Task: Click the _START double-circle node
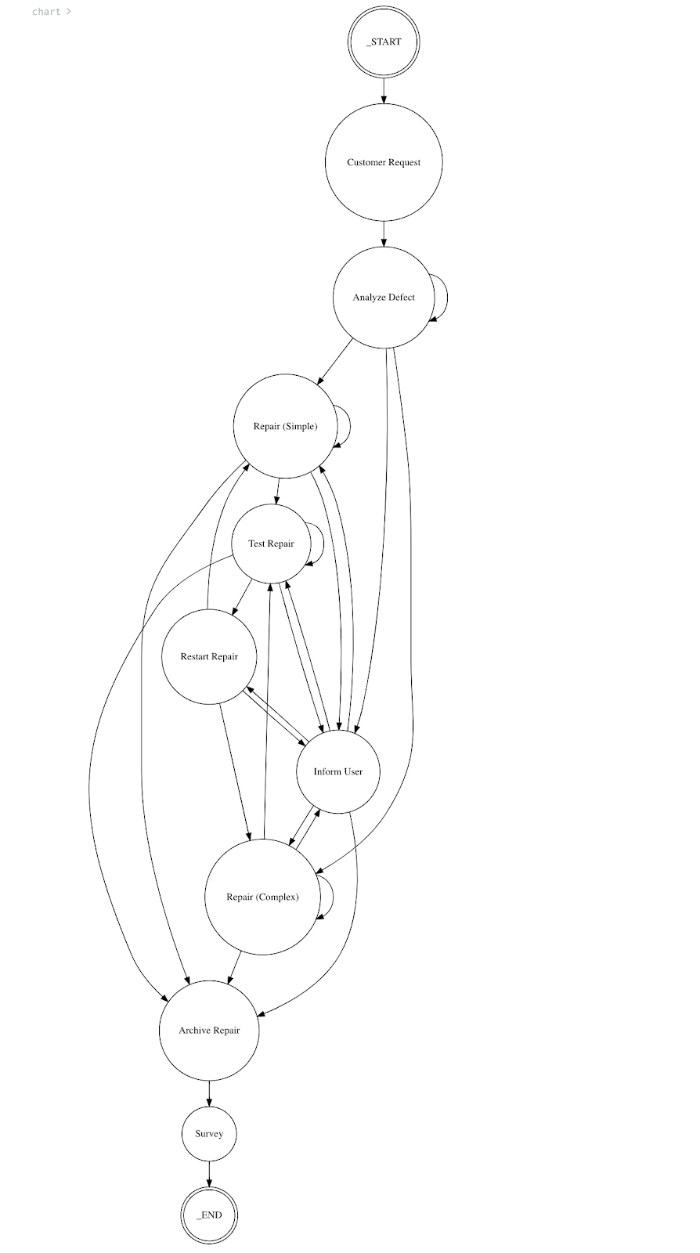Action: tap(384, 42)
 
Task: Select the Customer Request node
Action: tap(384, 162)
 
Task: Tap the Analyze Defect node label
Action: tap(384, 298)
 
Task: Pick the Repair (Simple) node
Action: tap(285, 426)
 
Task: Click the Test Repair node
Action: tap(271, 543)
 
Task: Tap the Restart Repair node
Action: tap(209, 656)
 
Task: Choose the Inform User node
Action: tap(338, 771)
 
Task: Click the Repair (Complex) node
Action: tap(262, 897)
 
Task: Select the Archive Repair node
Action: tap(209, 1030)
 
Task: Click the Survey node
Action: tap(209, 1133)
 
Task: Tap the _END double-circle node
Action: tap(209, 1215)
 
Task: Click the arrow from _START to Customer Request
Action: tap(384, 90)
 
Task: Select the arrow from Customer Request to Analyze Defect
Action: tap(384, 233)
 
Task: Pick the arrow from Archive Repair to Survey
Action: tap(209, 1093)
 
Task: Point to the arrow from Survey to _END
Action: tap(209, 1174)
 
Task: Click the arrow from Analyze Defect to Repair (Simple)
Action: tap(334, 362)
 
